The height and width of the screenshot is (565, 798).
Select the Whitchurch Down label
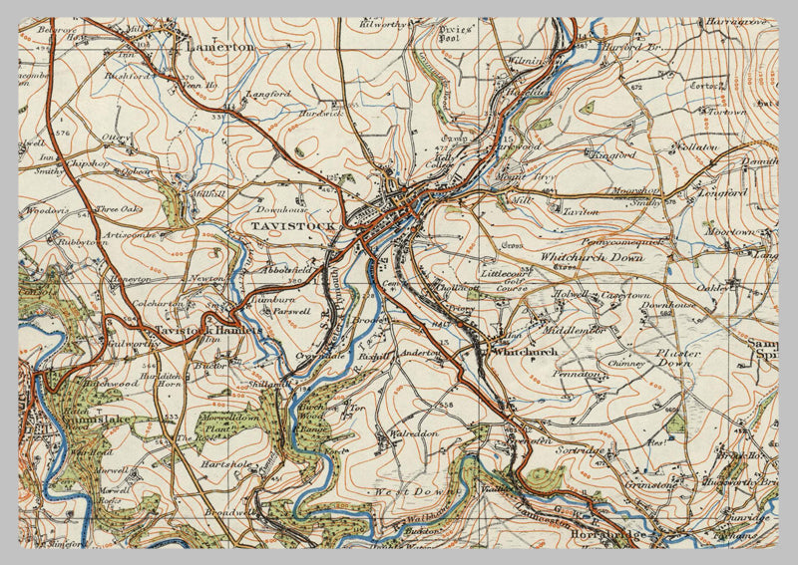click(592, 257)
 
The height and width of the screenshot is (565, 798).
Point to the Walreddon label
click(410, 434)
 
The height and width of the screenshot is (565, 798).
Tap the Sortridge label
click(580, 451)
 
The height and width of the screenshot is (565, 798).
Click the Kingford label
click(611, 155)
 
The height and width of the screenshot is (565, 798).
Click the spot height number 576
click(65, 132)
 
